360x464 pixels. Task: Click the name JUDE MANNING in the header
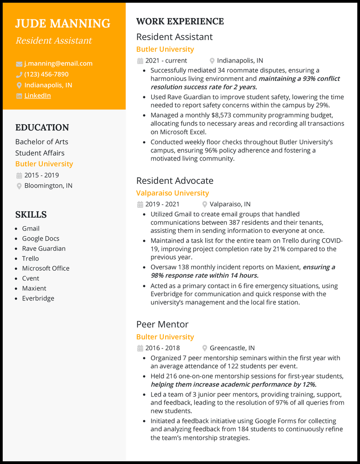pos(63,23)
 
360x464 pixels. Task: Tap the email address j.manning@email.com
pos(58,63)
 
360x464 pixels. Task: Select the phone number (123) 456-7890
pos(46,74)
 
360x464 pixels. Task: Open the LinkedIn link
pos(37,95)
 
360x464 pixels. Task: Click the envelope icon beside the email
pos(19,64)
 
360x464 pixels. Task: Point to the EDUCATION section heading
pos(42,127)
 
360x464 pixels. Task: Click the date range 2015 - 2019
pos(41,175)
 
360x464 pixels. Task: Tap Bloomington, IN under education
pos(48,186)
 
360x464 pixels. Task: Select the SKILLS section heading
pos(31,214)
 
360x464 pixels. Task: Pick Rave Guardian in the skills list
pos(44,248)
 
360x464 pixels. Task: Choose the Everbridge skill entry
pos(38,298)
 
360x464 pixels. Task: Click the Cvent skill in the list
pos(31,278)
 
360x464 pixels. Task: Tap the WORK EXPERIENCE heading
pos(180,21)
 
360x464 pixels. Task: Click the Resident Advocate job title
pos(175,181)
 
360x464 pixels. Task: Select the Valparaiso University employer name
pos(172,193)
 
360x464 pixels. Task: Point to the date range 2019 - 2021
pos(162,204)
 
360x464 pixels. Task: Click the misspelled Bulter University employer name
pos(165,337)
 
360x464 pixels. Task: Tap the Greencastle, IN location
pos(232,348)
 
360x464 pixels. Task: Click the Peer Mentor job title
pos(162,325)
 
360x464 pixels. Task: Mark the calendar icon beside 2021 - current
pos(140,61)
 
